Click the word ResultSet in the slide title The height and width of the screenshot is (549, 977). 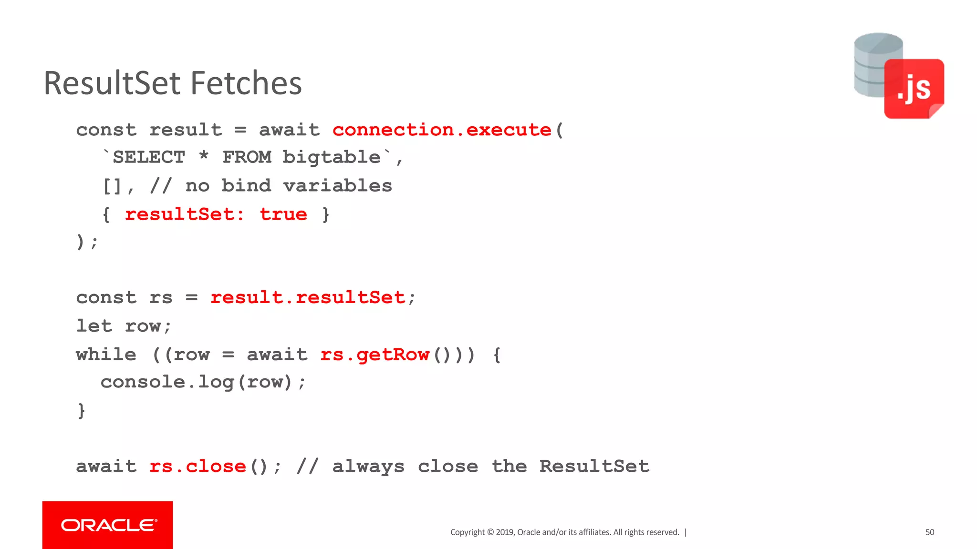pyautogui.click(x=112, y=83)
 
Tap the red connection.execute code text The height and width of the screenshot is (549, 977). pyautogui.click(x=442, y=130)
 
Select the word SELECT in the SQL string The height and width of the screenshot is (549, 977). pyautogui.click(x=149, y=157)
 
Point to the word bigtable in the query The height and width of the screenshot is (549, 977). pyautogui.click(x=332, y=157)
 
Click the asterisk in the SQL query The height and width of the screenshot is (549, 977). pyautogui.click(x=204, y=156)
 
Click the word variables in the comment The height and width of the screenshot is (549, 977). pyautogui.click(x=337, y=186)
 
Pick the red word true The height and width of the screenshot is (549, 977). pyautogui.click(x=283, y=214)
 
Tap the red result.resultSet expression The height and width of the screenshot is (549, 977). pyautogui.click(x=308, y=298)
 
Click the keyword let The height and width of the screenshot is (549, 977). pyautogui.click(x=94, y=326)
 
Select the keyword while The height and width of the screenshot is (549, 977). pyautogui.click(x=106, y=355)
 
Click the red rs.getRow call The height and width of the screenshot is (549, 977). pyautogui.click(x=375, y=355)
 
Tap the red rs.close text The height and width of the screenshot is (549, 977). pyautogui.click(x=197, y=467)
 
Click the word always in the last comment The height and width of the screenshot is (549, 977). pyautogui.click(x=368, y=467)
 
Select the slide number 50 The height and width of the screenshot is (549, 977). pyautogui.click(x=930, y=532)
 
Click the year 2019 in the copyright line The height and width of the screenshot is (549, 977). pyautogui.click(x=505, y=532)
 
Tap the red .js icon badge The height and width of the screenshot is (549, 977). pyautogui.click(x=914, y=89)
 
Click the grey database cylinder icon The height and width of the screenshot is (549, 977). pyautogui.click(x=869, y=64)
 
